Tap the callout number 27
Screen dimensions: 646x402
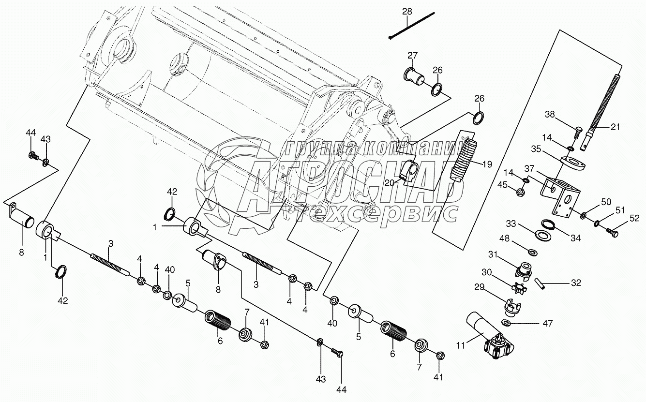[x=412, y=56]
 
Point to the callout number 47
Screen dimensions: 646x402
[x=534, y=323]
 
